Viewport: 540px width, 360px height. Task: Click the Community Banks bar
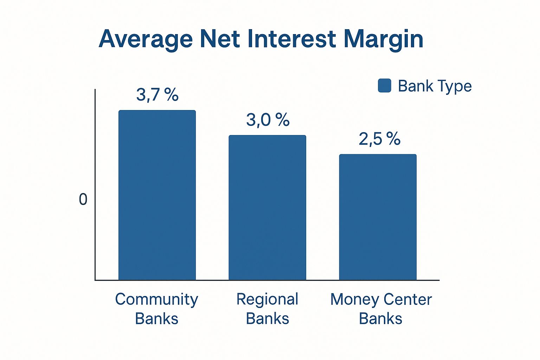click(x=157, y=195)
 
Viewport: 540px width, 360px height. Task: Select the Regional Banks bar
click(x=267, y=208)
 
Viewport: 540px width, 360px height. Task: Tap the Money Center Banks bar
click(x=378, y=217)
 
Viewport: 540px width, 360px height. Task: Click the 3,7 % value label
click(x=157, y=95)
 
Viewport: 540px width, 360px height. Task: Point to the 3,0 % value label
click(x=268, y=120)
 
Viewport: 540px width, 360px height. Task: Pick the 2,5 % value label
click(x=379, y=139)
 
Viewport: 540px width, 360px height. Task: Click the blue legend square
click(x=385, y=85)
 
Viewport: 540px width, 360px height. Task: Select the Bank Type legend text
click(x=435, y=86)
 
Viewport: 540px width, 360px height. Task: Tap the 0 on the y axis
click(x=83, y=200)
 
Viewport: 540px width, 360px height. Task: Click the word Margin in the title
click(x=384, y=40)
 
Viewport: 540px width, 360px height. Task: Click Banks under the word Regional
click(x=267, y=318)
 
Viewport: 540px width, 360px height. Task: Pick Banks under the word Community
click(x=156, y=318)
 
